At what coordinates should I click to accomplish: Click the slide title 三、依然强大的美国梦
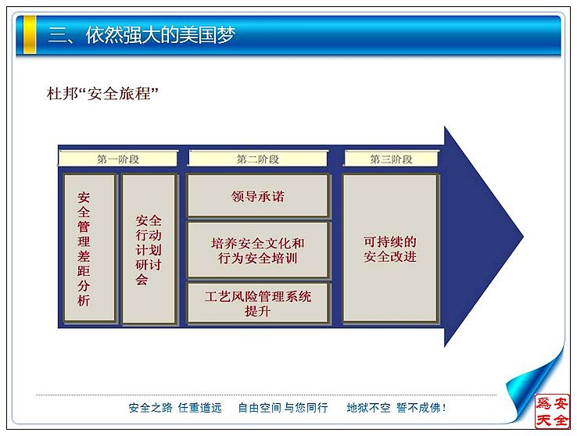142,35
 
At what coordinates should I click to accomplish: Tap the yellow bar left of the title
30,34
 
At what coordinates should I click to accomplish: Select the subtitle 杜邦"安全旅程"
102,94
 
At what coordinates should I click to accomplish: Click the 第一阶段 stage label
118,159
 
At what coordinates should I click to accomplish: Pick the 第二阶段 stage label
258,159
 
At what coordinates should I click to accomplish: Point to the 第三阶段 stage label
391,159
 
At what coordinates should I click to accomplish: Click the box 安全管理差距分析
89,248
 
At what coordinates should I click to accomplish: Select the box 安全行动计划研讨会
149,249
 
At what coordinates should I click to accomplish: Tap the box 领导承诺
257,195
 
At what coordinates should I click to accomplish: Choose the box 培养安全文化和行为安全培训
257,250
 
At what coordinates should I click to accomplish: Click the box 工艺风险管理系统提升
257,303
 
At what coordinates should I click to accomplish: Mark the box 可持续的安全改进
389,248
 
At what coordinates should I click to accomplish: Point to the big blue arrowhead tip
523,237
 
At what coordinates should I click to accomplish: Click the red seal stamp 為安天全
552,411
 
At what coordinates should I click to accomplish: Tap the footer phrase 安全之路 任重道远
175,408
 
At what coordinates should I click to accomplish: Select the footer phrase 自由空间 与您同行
282,408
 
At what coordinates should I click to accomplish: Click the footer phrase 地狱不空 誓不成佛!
396,408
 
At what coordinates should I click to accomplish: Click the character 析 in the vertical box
84,300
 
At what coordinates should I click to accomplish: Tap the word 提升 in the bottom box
257,311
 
